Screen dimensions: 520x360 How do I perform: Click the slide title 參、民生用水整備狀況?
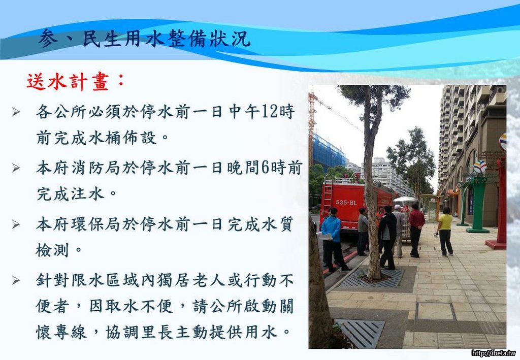point(144,39)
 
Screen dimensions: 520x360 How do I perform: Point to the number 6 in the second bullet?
point(265,168)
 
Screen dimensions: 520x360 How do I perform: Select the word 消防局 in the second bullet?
point(96,168)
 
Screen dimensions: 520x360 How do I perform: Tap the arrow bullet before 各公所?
point(16,112)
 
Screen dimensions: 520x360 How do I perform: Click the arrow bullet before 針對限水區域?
point(16,281)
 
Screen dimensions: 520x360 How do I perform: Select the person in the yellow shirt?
point(445,232)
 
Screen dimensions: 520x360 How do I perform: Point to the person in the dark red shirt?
point(415,230)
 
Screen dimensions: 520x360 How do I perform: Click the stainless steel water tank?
point(405,215)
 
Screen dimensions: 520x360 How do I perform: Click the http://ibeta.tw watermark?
point(494,353)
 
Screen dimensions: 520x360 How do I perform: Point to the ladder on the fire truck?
point(328,195)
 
